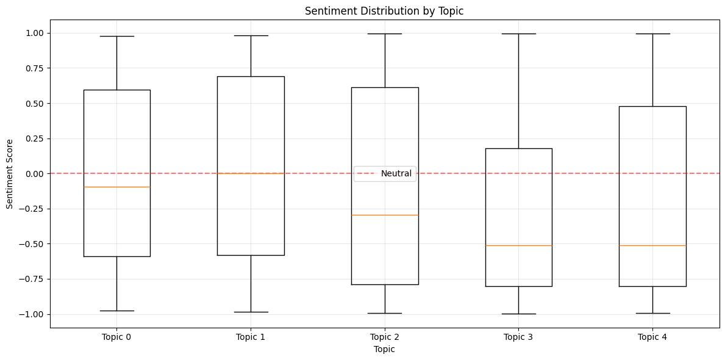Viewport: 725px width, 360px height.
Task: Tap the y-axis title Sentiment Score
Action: pyautogui.click(x=9, y=174)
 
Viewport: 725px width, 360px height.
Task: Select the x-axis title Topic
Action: pyautogui.click(x=384, y=349)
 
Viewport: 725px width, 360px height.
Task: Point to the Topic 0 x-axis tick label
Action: pyautogui.click(x=116, y=337)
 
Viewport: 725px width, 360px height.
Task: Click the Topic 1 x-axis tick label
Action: pyautogui.click(x=251, y=337)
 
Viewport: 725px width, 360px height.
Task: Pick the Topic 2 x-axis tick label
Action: pyautogui.click(x=384, y=337)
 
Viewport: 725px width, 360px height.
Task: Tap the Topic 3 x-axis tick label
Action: pyautogui.click(x=518, y=337)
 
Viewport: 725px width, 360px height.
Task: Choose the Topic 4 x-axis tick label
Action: pyautogui.click(x=652, y=337)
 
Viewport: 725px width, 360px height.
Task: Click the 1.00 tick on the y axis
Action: pyautogui.click(x=34, y=33)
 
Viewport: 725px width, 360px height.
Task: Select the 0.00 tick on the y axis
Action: pyautogui.click(x=34, y=174)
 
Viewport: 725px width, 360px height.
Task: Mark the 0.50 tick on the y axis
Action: pyautogui.click(x=34, y=104)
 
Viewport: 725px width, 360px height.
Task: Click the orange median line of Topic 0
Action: pyautogui.click(x=116, y=187)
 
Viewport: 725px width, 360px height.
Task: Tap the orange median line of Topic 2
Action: pyautogui.click(x=384, y=215)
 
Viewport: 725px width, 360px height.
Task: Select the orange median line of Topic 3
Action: pyautogui.click(x=518, y=245)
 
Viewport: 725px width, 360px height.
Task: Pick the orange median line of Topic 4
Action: pyautogui.click(x=652, y=245)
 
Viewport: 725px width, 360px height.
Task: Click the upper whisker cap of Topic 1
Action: pyautogui.click(x=251, y=35)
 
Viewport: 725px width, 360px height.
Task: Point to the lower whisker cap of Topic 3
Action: pyautogui.click(x=518, y=314)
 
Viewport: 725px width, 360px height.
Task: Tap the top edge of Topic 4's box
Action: pyautogui.click(x=652, y=106)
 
